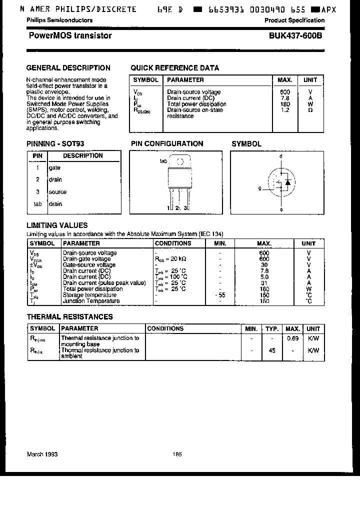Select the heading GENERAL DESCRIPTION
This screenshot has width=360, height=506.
click(68, 68)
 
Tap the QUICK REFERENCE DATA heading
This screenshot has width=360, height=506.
click(174, 68)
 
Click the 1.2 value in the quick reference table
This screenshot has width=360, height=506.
click(285, 110)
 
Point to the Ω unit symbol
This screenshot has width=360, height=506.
click(310, 110)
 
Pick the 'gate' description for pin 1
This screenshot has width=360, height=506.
click(54, 168)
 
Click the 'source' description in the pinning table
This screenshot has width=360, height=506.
click(57, 192)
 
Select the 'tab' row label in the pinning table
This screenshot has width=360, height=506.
click(37, 204)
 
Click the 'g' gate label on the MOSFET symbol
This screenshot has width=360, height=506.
click(259, 189)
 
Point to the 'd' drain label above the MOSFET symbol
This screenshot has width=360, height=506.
click(281, 156)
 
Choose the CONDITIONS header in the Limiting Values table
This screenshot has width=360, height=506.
click(173, 243)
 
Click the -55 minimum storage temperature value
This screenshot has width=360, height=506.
click(220, 295)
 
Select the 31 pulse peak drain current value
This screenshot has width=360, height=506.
click(264, 283)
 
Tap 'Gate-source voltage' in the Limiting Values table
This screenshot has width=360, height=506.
click(89, 265)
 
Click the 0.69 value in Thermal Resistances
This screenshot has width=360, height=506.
click(293, 338)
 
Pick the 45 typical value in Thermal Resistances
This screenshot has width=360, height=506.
click(272, 350)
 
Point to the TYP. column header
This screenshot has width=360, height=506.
click(272, 329)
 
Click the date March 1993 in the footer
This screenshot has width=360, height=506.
click(42, 454)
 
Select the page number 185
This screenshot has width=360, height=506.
click(177, 454)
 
